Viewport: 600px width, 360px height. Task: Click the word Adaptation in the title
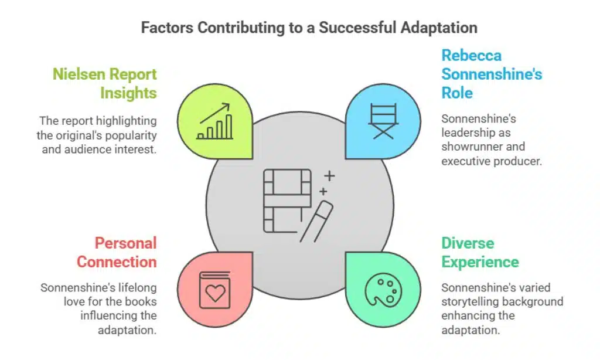[x=439, y=28]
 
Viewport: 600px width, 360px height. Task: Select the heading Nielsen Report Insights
[x=105, y=83]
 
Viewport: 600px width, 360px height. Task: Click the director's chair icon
[x=383, y=121]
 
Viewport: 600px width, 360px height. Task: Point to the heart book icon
[x=214, y=290]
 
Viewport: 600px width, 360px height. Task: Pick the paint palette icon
[x=383, y=290]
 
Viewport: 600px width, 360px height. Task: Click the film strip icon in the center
[x=287, y=201]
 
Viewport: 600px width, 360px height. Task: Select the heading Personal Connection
[x=117, y=252]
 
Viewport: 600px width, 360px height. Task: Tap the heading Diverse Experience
[x=480, y=252]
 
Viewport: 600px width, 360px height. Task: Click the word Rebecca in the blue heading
[x=471, y=56]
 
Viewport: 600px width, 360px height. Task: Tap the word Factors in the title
[x=167, y=28]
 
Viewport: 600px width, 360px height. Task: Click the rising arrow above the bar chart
[x=214, y=113]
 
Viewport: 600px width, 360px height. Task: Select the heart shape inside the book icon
[x=215, y=293]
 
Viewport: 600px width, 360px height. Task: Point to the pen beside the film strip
[x=316, y=222]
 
